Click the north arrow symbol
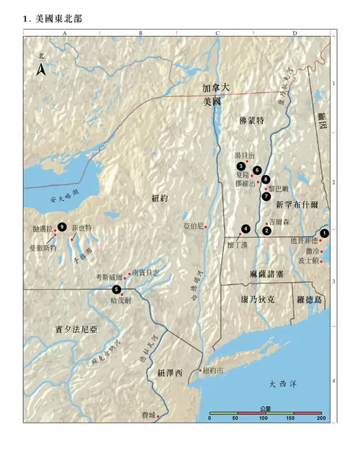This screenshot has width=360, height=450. click(x=42, y=68)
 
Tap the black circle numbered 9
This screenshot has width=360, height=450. click(x=62, y=227)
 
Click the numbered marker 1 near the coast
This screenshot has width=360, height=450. click(x=325, y=233)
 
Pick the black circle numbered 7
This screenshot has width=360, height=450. click(x=266, y=196)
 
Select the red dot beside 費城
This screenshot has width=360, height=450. click(x=158, y=415)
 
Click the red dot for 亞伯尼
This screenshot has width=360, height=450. click(x=207, y=227)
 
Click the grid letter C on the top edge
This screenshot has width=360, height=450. click(x=217, y=33)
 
